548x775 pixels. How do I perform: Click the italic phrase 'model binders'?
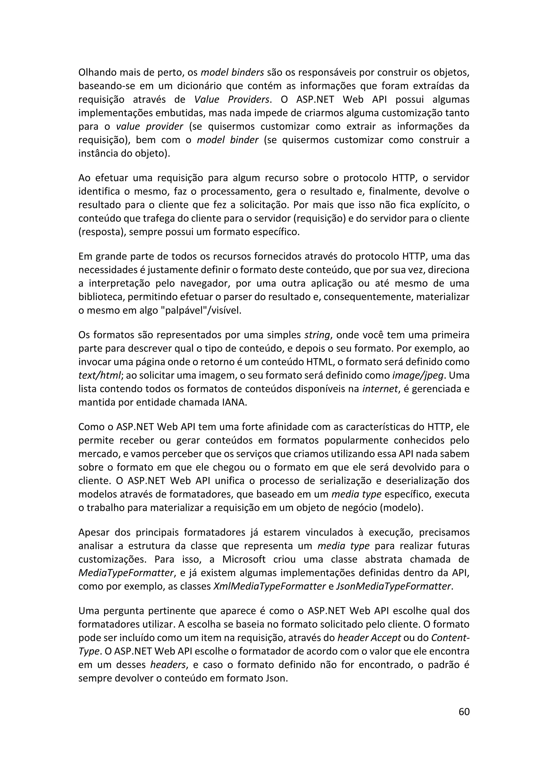click(x=232, y=72)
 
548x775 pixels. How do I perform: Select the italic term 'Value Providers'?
click(x=233, y=100)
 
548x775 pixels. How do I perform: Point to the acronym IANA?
click(x=233, y=403)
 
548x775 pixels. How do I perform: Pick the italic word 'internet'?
click(x=380, y=389)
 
